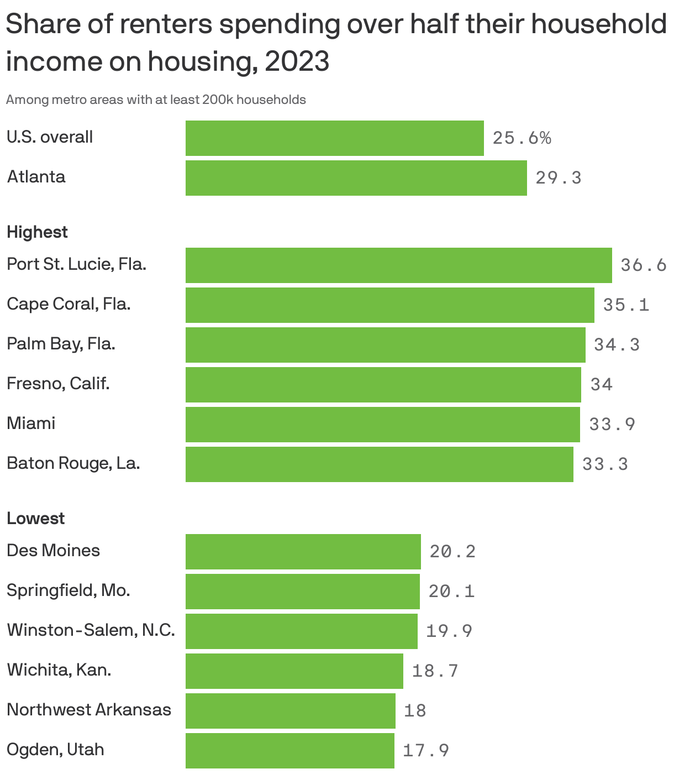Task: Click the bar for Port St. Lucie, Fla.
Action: pos(398,265)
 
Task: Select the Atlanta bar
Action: pos(356,178)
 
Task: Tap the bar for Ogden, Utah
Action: pos(289,750)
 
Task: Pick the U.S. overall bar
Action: pos(334,138)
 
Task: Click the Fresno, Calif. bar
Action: pos(383,385)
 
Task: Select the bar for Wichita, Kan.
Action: pos(294,671)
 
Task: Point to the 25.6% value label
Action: pos(522,138)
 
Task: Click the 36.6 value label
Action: pos(644,265)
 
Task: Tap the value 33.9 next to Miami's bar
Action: pos(612,424)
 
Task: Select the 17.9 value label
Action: pos(426,750)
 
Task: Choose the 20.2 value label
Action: pos(452,551)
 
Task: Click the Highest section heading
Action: pos(37,232)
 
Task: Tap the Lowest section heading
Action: pos(35,518)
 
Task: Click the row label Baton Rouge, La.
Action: pos(73,463)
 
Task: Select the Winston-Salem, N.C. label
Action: pos(91,630)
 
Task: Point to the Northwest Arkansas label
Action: pos(89,709)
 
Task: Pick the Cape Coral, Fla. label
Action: pos(69,304)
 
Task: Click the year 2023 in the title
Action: pos(297,61)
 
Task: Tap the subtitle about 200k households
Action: pos(156,100)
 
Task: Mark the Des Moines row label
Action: pos(53,550)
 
